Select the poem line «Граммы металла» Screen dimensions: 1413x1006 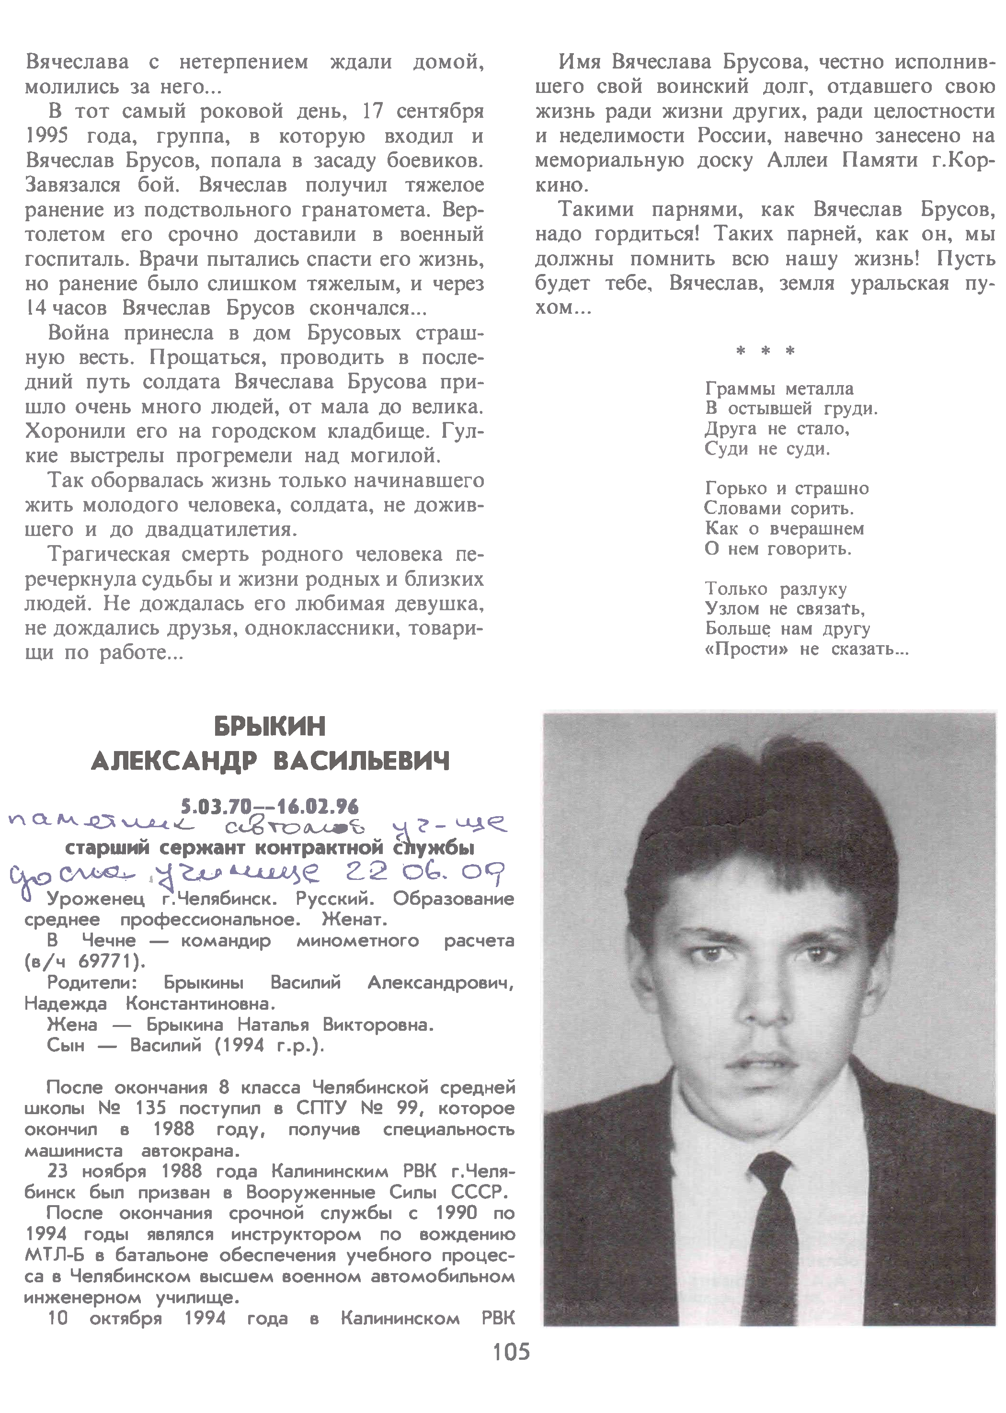pyautogui.click(x=779, y=389)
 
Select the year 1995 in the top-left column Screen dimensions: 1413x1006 pyautogui.click(x=47, y=136)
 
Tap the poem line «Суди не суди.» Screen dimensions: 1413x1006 pyautogui.click(x=767, y=449)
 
